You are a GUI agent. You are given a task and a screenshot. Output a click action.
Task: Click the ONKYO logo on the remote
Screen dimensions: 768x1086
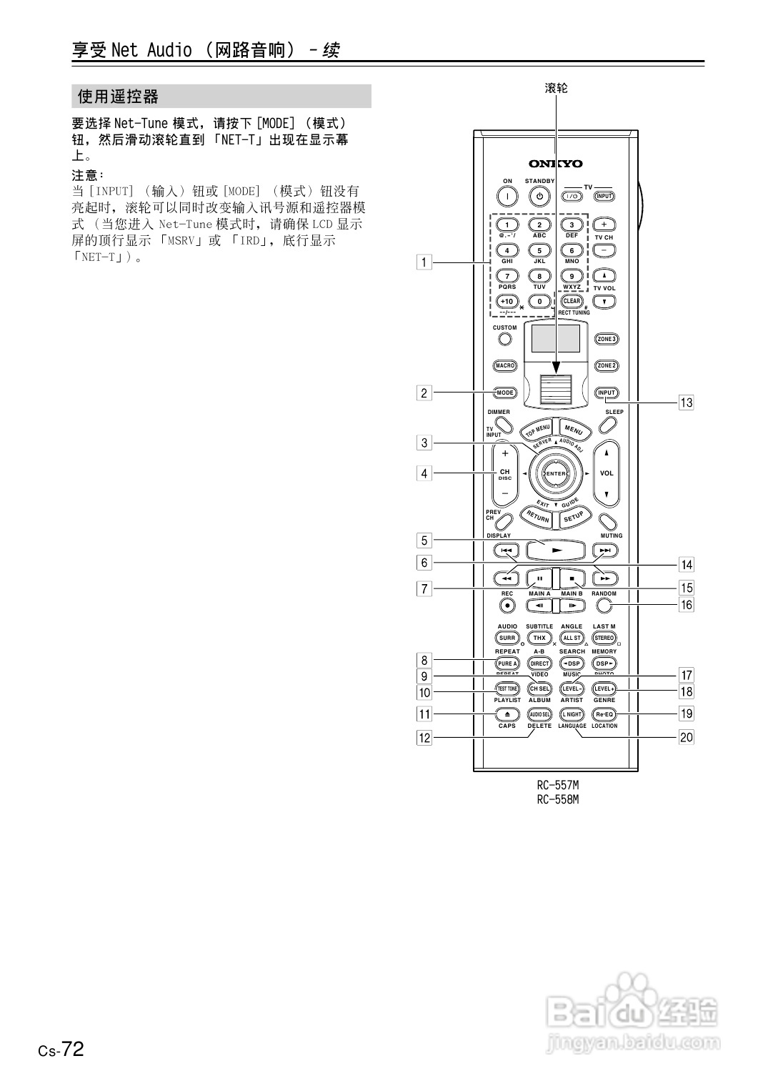pos(556,164)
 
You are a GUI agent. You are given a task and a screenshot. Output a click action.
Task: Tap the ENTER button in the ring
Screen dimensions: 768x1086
pos(556,473)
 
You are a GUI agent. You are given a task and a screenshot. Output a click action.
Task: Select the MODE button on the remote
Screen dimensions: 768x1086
pos(505,393)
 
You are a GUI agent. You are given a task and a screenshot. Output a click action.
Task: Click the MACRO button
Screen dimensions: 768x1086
pos(505,366)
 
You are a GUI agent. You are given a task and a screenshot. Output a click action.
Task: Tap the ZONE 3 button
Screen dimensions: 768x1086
pos(607,339)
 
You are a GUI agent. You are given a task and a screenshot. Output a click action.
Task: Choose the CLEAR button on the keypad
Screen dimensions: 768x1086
pos(572,301)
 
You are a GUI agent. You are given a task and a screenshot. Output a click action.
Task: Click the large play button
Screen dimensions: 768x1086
pos(556,551)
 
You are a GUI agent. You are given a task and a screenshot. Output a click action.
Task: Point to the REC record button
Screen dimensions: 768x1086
pos(507,606)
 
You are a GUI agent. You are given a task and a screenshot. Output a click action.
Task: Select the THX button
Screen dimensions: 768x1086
pos(539,638)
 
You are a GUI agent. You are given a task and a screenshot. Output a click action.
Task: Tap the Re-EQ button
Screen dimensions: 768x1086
pos(604,714)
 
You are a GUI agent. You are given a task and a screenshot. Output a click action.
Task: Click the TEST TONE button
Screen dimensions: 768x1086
pos(507,688)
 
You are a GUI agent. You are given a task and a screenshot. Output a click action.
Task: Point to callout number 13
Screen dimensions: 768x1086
pos(686,403)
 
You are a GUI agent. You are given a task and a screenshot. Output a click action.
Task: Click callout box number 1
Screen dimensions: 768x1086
pos(424,262)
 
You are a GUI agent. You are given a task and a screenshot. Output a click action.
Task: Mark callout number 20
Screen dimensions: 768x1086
pos(686,737)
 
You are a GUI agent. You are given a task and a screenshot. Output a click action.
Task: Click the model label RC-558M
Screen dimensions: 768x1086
pos(557,799)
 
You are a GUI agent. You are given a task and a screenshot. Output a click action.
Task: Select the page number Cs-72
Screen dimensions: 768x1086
pos(61,1050)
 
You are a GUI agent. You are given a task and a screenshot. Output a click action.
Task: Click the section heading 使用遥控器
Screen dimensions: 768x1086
pos(119,97)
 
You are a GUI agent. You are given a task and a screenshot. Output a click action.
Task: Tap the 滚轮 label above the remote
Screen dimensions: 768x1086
pos(556,88)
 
